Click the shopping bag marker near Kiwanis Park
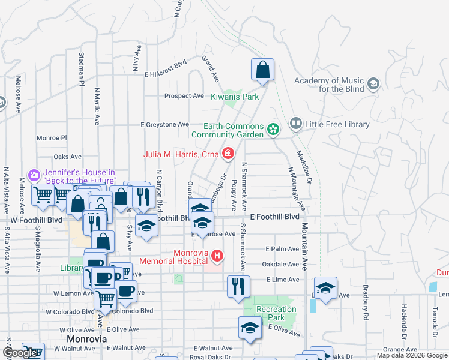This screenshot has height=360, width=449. coord(262,70)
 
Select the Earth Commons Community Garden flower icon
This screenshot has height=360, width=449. coord(273,128)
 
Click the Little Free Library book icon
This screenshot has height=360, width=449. coord(295,124)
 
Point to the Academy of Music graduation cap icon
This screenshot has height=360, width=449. coord(373,83)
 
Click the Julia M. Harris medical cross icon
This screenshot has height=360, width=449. coord(228,154)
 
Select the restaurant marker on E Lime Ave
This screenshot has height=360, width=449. coord(238,286)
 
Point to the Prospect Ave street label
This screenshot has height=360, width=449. coord(184,96)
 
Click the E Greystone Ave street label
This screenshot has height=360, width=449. coord(164,125)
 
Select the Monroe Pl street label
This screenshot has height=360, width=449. coord(52,137)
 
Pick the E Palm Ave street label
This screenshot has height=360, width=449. coord(282,249)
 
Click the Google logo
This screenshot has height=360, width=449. coord(20,353)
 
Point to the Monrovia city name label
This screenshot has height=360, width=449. coord(87,339)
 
